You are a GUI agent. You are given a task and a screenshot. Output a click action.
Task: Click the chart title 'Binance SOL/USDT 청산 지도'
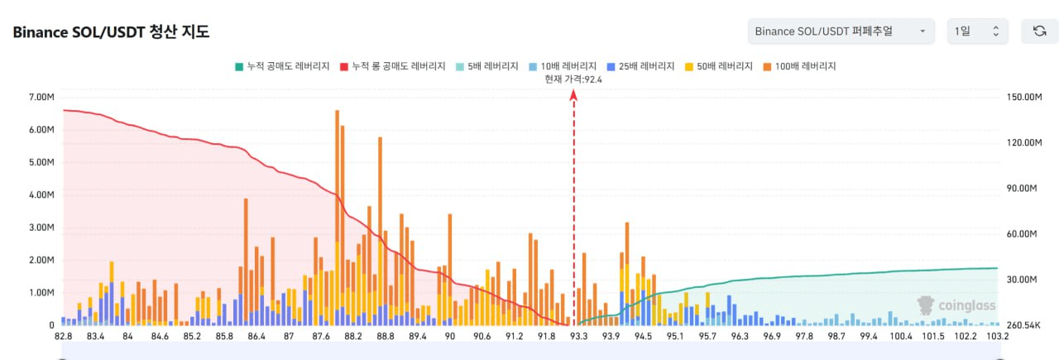(x=111, y=32)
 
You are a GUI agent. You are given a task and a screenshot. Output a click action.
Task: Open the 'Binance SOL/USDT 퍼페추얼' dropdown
(x=840, y=31)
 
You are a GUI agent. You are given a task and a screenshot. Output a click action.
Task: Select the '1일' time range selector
(x=977, y=31)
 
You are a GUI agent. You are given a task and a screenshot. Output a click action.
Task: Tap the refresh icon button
(x=1039, y=31)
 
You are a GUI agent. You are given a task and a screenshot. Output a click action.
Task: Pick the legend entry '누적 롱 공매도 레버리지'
(x=392, y=65)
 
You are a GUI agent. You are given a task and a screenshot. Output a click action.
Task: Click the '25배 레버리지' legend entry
(x=640, y=65)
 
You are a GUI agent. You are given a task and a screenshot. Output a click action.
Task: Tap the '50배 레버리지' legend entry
(x=719, y=65)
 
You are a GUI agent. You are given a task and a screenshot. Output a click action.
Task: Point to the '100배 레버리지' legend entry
(x=799, y=65)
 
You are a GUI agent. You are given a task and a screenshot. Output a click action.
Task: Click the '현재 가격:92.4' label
(x=573, y=79)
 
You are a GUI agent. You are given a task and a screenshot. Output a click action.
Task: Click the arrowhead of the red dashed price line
(x=573, y=95)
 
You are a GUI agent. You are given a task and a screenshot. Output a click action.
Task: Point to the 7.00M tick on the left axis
(x=41, y=98)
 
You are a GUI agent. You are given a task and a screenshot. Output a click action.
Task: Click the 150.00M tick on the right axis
(x=1023, y=98)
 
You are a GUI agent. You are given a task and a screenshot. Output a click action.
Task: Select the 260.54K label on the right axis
(x=1024, y=325)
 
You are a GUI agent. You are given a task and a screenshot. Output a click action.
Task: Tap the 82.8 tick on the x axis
(x=63, y=337)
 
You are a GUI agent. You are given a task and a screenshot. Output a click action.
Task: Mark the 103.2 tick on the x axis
(x=997, y=337)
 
